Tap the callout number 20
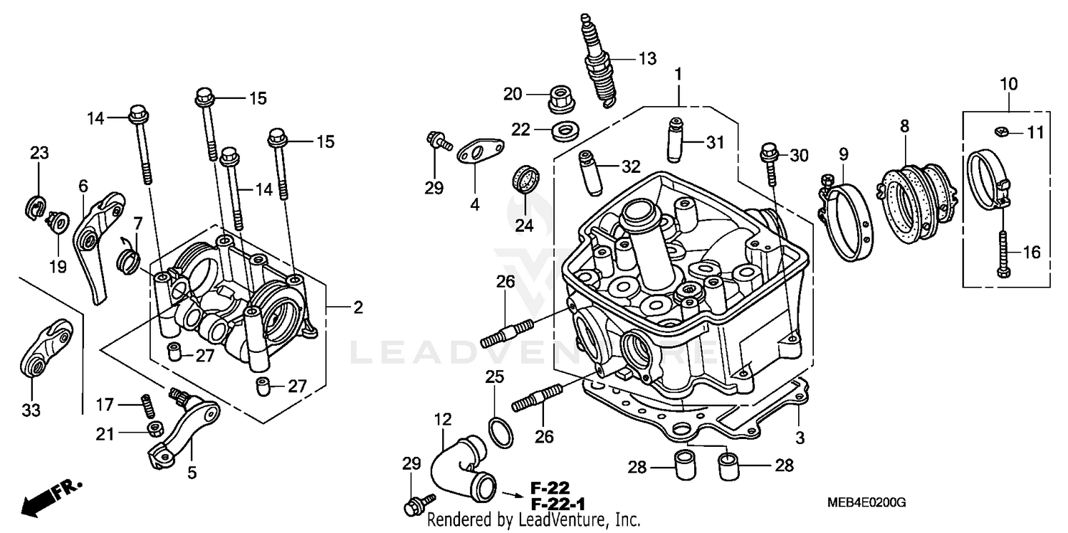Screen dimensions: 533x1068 [x=513, y=94]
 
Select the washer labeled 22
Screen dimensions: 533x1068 [x=565, y=131]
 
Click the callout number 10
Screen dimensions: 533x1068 [x=1008, y=85]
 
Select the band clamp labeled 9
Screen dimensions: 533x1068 [x=847, y=221]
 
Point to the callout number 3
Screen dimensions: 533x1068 [x=800, y=438]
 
